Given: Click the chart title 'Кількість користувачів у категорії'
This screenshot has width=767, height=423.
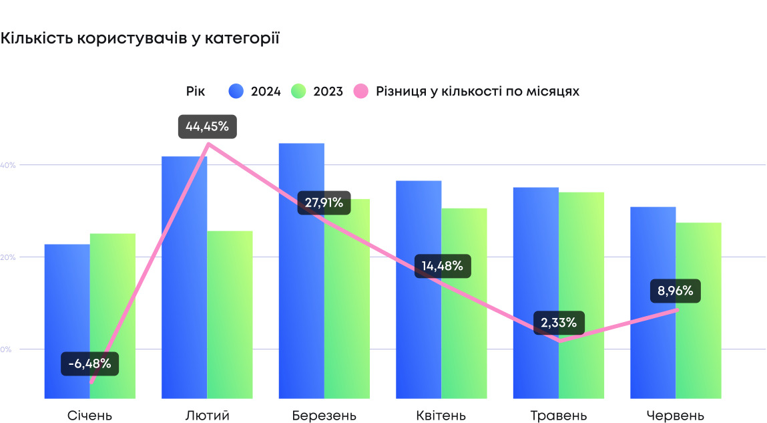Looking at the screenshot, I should click(x=140, y=39).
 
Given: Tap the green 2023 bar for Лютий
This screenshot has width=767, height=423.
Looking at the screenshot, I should click(x=230, y=314).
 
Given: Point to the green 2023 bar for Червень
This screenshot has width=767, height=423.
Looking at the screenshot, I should click(x=698, y=311).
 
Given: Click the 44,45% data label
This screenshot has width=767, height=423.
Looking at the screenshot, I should click(x=207, y=126).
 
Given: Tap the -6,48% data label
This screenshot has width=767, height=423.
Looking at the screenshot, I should click(x=89, y=364).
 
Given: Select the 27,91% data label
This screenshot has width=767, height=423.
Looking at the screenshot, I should click(x=324, y=202).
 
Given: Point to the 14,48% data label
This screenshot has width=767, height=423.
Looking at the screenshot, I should click(x=442, y=266).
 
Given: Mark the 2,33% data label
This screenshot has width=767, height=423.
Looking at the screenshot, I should click(x=559, y=323).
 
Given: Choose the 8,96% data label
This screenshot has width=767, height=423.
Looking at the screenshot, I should click(x=676, y=291).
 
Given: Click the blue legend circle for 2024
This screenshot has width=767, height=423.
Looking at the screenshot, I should click(x=236, y=92).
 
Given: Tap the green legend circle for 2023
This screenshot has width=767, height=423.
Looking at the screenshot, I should click(x=299, y=92).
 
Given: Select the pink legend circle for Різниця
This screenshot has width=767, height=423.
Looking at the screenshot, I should click(x=361, y=92).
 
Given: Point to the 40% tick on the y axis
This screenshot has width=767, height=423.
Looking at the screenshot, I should click(x=7, y=165).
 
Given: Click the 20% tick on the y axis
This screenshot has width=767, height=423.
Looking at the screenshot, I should click(x=7, y=257).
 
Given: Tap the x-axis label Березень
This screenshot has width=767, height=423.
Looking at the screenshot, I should click(x=324, y=416).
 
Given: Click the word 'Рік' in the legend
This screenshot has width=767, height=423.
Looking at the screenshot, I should click(x=196, y=92).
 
